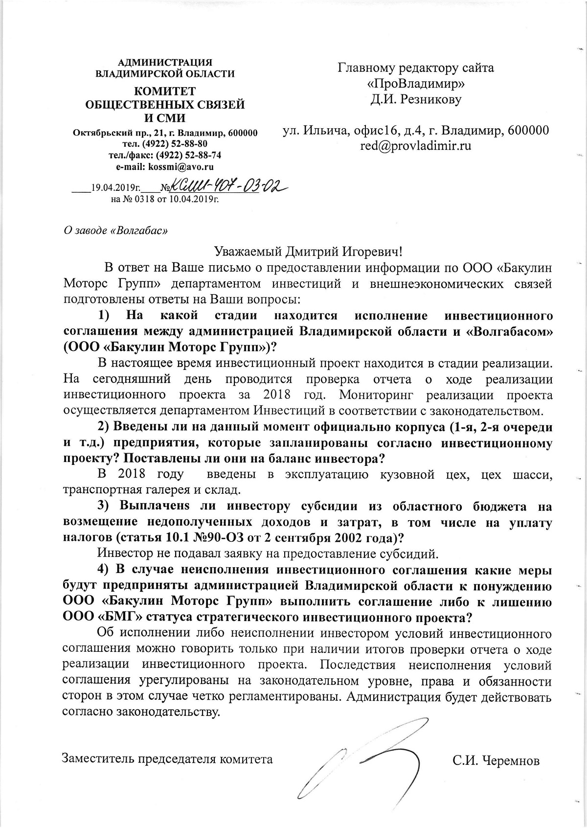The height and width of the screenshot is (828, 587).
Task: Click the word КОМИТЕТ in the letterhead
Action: click(165, 92)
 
